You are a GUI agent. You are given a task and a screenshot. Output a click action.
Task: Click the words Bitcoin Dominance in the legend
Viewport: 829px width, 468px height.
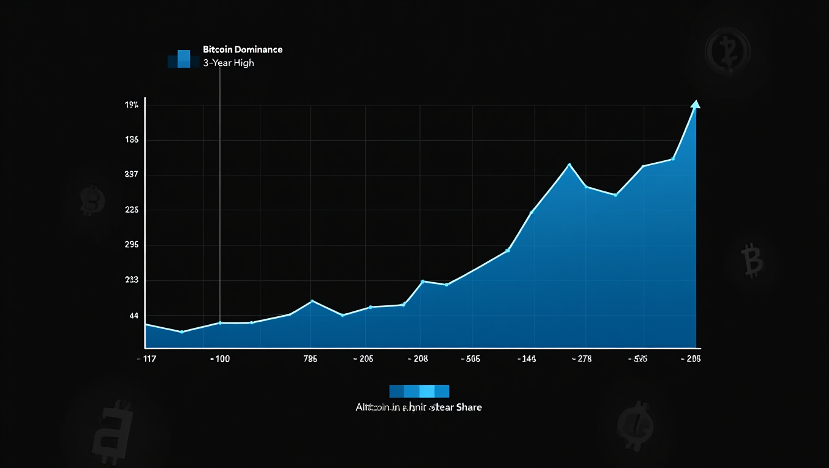(x=243, y=49)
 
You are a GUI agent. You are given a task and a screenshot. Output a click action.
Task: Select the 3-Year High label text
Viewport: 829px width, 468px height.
(x=229, y=63)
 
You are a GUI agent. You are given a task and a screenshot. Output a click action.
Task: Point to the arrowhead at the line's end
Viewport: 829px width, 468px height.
(x=696, y=104)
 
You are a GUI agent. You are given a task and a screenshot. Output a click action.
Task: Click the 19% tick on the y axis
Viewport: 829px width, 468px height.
(x=132, y=105)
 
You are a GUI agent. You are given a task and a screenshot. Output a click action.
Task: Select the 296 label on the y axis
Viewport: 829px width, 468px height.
(x=132, y=245)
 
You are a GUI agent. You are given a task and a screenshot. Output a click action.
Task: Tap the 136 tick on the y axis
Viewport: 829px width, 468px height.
(x=132, y=140)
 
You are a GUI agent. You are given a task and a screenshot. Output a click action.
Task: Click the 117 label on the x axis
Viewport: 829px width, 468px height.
(x=149, y=359)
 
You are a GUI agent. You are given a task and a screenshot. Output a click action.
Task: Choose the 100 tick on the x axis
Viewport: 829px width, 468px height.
(x=220, y=359)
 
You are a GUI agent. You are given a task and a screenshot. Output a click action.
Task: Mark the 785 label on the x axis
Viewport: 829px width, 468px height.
(x=310, y=359)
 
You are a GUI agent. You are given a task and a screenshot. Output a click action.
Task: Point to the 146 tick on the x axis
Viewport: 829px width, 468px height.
(x=526, y=359)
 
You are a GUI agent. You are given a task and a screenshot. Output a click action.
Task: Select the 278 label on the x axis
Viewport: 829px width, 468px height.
(x=582, y=359)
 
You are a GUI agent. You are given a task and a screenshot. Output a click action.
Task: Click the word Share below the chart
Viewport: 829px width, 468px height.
(x=469, y=407)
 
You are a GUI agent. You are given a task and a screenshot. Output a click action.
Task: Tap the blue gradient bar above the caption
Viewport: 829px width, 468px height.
(x=419, y=391)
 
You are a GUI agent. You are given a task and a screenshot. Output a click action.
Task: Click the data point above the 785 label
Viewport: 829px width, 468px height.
(x=312, y=301)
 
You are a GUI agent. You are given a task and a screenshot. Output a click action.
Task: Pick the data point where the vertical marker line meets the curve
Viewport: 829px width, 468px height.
(x=220, y=323)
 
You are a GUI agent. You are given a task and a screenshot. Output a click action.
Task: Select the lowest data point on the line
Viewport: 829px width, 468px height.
(x=182, y=331)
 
